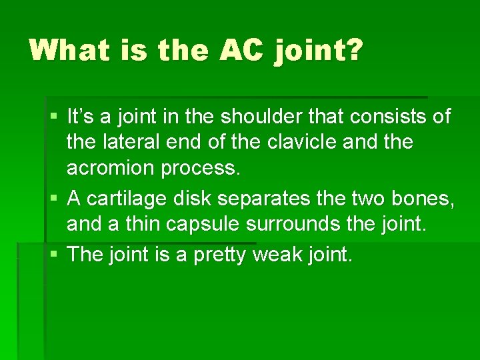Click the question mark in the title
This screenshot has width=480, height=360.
point(353,49)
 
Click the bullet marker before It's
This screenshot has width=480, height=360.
point(55,117)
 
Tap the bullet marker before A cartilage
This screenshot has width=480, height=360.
point(55,199)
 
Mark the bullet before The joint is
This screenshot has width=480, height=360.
point(55,254)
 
